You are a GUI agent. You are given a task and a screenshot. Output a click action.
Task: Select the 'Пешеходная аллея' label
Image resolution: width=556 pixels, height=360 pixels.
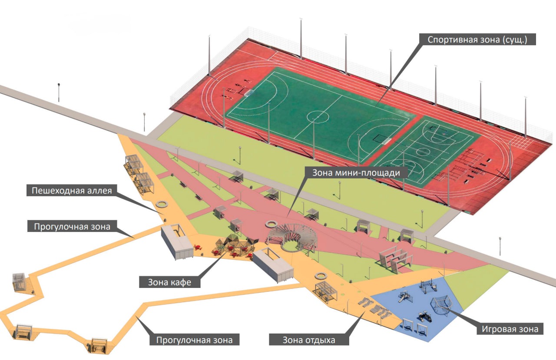[x=72, y=191]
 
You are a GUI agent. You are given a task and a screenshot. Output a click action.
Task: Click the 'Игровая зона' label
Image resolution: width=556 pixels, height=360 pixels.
[x=510, y=329]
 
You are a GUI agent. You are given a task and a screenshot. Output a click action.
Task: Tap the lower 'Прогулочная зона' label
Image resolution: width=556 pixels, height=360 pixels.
[x=194, y=339]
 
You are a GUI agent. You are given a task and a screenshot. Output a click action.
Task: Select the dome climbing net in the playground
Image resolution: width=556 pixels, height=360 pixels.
[x=440, y=307]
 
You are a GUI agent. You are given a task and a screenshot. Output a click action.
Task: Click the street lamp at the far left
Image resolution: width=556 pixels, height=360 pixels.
[x=59, y=91]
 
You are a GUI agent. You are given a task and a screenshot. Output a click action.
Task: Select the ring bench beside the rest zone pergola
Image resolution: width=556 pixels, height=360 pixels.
[x=321, y=276]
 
